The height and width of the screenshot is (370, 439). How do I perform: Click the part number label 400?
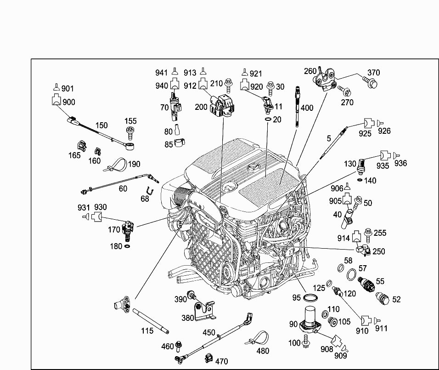point(307,108)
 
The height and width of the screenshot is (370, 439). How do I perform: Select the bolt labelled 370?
point(371,82)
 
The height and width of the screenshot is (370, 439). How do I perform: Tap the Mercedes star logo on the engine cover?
point(253,168)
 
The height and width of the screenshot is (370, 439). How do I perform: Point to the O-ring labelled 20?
point(268,120)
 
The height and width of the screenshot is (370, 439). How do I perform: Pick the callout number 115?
point(147,331)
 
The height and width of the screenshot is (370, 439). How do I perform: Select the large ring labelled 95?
point(310,297)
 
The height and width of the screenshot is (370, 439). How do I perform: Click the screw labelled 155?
point(130,132)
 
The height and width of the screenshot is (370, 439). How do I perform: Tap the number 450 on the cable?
point(208,333)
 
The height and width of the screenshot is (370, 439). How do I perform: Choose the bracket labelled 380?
point(204,311)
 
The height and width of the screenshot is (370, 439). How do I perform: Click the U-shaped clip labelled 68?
point(150,191)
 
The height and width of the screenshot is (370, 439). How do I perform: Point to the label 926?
point(384,131)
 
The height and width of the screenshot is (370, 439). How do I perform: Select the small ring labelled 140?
point(360,180)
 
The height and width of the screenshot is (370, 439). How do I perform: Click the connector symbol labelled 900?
point(56,100)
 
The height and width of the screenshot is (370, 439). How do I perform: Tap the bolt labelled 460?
point(178,347)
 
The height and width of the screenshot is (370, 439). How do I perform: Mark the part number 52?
point(396,299)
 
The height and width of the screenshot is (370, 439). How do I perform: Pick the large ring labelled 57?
point(351,275)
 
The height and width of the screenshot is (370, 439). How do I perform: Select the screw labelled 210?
point(229,85)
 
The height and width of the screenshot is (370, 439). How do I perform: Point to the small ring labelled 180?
point(127,246)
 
